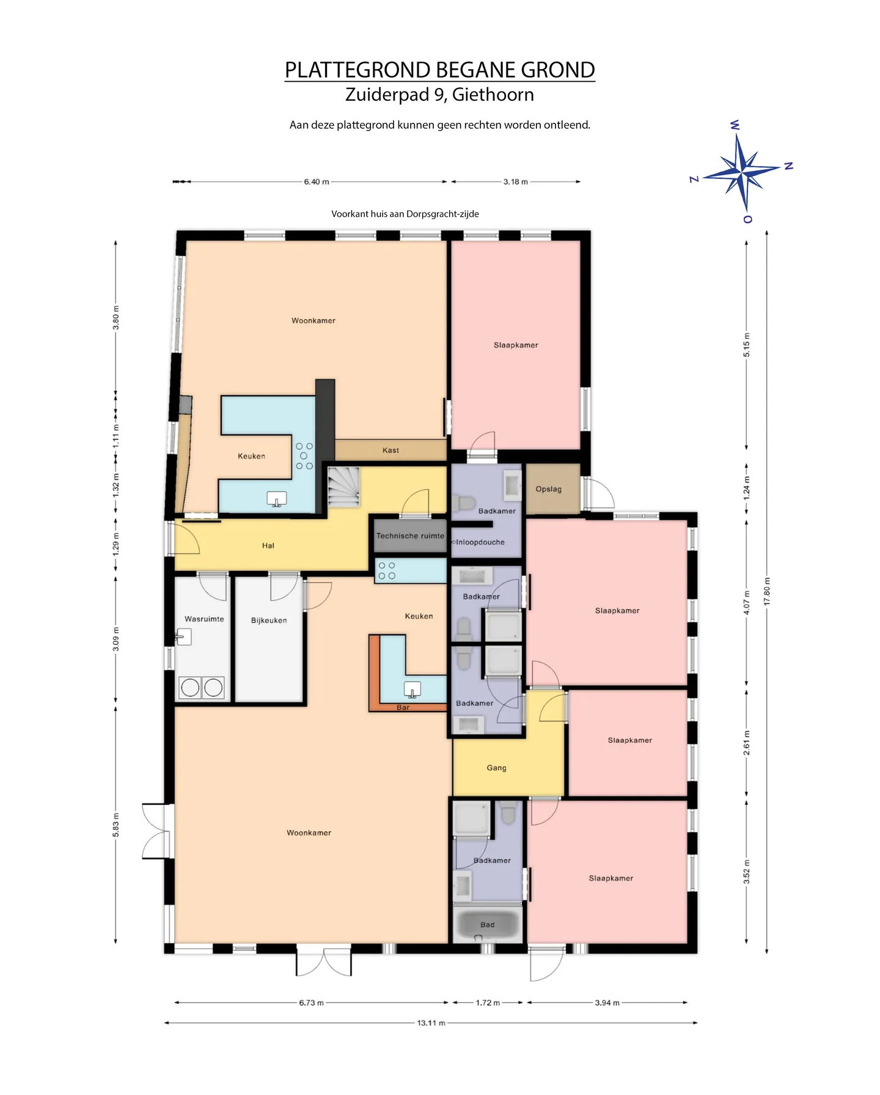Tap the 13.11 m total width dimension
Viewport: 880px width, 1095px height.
tap(431, 1022)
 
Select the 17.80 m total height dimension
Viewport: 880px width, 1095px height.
tap(767, 591)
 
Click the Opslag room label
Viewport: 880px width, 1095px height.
tap(548, 489)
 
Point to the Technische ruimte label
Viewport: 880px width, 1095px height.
tap(410, 536)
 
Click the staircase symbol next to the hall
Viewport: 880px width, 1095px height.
tap(343, 487)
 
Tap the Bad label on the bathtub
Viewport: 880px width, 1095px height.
tap(487, 925)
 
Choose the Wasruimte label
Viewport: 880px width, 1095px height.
tap(204, 619)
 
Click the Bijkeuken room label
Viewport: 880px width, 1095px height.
tap(269, 620)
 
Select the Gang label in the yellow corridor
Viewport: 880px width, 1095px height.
tap(496, 768)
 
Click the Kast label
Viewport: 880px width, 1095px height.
tap(391, 450)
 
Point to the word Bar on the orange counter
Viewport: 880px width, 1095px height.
tap(403, 707)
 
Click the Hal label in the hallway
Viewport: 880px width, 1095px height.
tap(268, 545)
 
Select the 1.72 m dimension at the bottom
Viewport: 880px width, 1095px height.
tap(488, 1002)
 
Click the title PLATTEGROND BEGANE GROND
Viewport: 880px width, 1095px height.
tap(440, 70)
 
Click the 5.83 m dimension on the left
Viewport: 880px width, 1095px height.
tap(116, 825)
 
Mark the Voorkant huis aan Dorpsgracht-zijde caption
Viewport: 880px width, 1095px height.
tap(405, 214)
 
